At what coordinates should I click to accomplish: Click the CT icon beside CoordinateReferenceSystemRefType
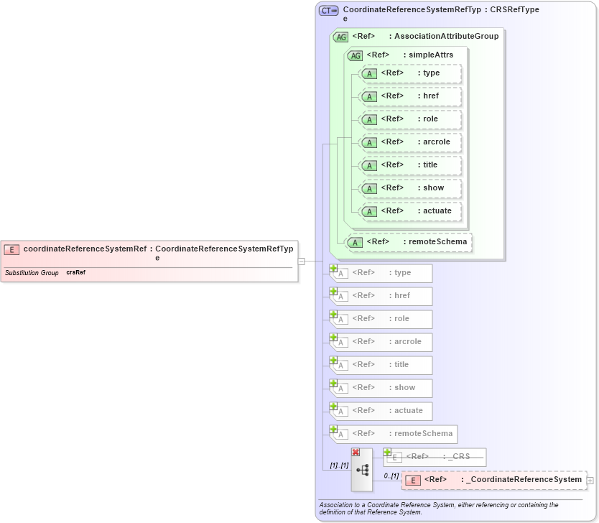[x=329, y=11]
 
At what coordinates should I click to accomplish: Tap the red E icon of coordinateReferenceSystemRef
[x=11, y=250]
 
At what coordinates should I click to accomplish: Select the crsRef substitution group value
[x=75, y=273]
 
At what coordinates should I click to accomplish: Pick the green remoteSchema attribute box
[x=409, y=242]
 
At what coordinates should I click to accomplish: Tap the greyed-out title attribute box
[x=381, y=365]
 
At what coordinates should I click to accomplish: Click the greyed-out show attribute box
[x=381, y=388]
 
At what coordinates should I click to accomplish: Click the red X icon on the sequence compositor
[x=356, y=452]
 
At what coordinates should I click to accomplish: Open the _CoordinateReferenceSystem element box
[x=493, y=480]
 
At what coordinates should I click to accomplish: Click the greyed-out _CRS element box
[x=435, y=457]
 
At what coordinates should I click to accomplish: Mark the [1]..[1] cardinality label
[x=339, y=466]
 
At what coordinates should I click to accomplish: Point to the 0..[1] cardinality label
[x=391, y=476]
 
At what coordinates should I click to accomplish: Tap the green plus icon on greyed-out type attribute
[x=333, y=268]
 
